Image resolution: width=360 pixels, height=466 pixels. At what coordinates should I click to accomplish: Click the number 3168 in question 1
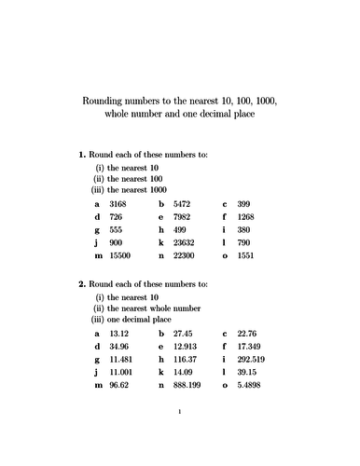tap(118, 202)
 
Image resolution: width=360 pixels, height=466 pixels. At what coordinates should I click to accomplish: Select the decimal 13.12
tap(119, 333)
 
